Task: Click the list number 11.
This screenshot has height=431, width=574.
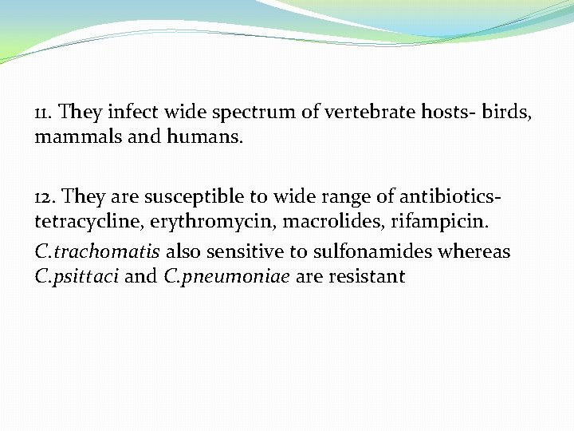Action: coord(44,111)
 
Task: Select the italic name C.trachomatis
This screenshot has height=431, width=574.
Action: coord(97,252)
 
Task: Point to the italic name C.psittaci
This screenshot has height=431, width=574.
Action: coord(77,278)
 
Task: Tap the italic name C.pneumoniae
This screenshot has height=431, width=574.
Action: coord(227,278)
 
